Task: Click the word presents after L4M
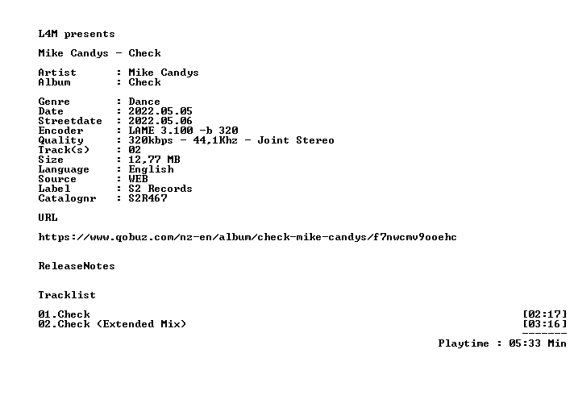(x=89, y=35)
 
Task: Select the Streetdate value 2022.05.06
(x=160, y=121)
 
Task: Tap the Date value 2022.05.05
(x=160, y=111)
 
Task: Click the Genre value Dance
(x=144, y=102)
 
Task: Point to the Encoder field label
(x=60, y=131)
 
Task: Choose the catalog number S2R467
(x=148, y=198)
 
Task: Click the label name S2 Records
(x=160, y=189)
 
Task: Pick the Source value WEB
(x=138, y=179)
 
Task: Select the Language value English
(x=152, y=169)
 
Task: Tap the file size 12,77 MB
(x=154, y=160)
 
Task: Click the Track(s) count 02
(x=135, y=150)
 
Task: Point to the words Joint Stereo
(x=296, y=140)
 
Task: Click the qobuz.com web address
(x=247, y=237)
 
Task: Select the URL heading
(x=48, y=218)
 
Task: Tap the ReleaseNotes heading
(x=77, y=266)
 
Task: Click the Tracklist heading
(x=67, y=295)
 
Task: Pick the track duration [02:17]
(x=545, y=314)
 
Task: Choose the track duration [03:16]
(x=545, y=324)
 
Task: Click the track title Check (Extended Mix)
(x=122, y=324)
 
